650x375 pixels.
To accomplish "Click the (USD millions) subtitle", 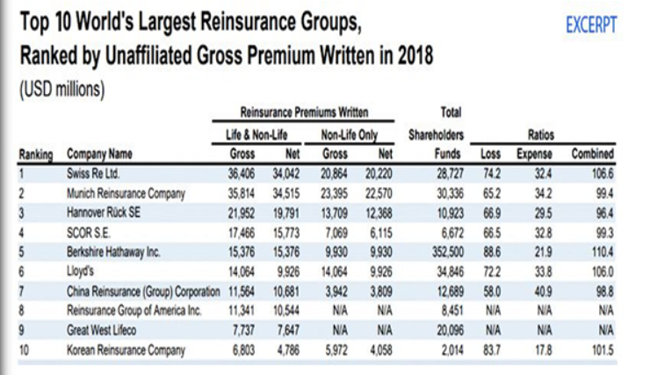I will click(58, 88).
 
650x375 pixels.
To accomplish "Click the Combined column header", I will click(592, 154).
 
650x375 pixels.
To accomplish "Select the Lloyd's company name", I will click(82, 270).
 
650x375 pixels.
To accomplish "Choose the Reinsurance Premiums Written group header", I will click(304, 113).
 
